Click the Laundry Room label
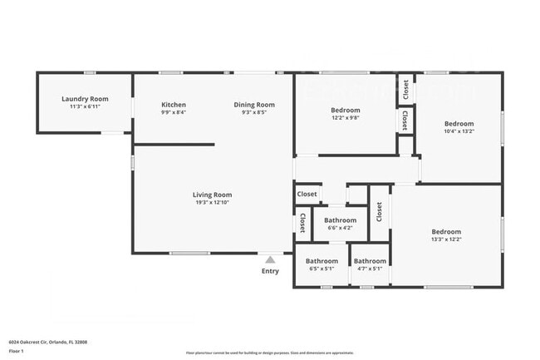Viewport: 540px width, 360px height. coord(81,99)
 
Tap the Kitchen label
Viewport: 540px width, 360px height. coord(174,105)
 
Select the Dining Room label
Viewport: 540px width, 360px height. coord(253,105)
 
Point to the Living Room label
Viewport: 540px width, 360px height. coord(212,195)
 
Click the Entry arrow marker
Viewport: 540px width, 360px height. coord(270,259)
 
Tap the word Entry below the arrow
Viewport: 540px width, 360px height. coord(270,271)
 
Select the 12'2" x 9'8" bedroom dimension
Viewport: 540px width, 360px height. coord(346,118)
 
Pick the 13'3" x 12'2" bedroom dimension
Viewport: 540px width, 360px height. coord(446,239)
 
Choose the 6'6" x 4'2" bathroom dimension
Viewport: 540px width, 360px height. coord(317,228)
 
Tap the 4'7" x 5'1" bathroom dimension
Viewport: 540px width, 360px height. coord(370,269)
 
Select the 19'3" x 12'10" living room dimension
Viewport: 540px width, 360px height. coord(212,203)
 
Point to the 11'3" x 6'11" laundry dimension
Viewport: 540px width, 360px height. coord(81,106)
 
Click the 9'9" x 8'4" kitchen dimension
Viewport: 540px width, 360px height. coord(174,112)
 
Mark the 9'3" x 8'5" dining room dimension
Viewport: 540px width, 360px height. coord(253,112)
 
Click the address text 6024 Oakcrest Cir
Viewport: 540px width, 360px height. coord(48,342)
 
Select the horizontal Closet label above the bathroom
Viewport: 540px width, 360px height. coord(307,194)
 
